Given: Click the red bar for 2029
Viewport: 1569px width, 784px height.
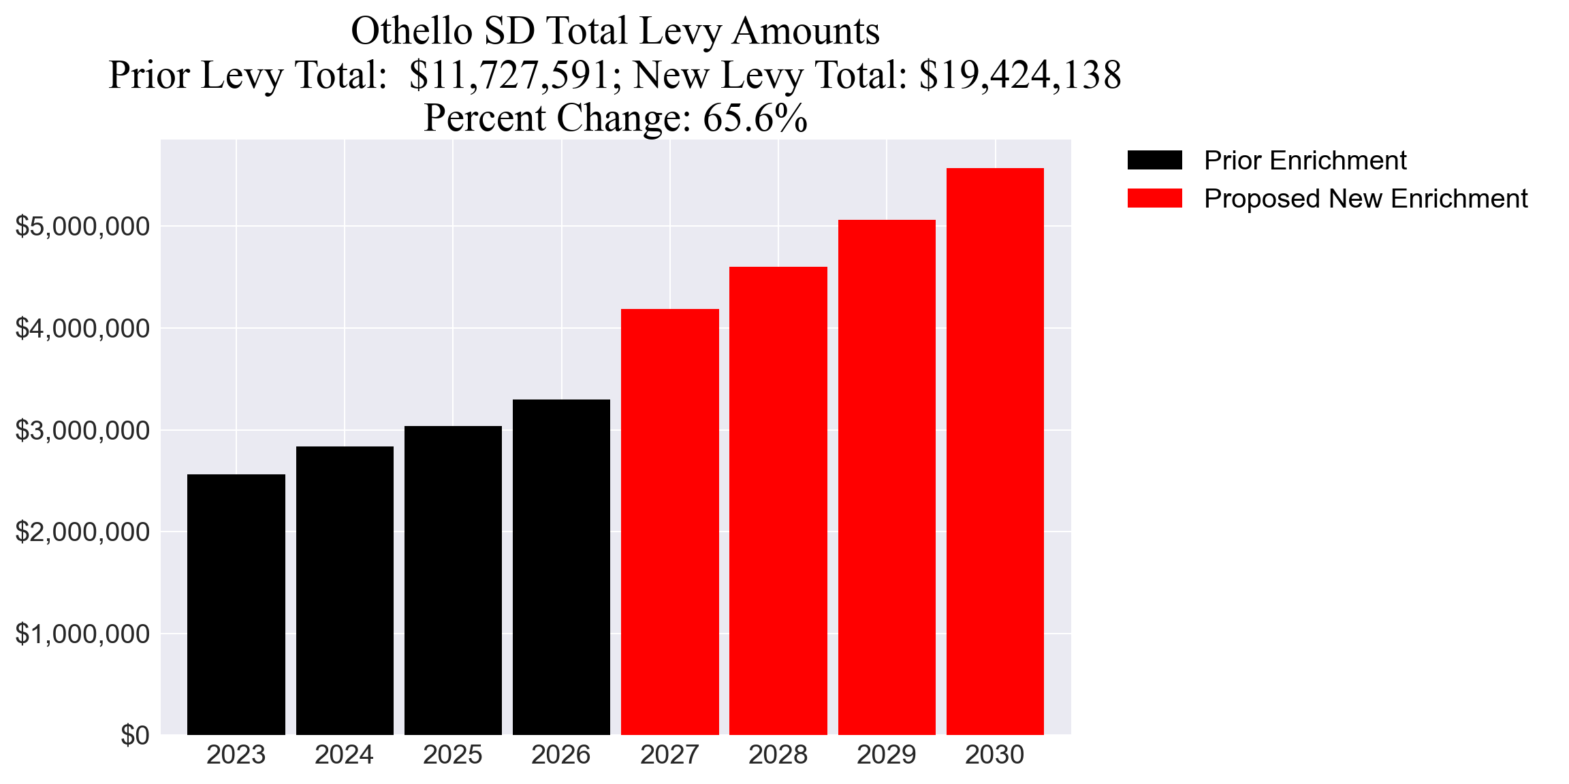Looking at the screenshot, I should (887, 477).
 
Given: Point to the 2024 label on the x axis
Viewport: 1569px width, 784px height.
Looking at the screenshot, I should (344, 755).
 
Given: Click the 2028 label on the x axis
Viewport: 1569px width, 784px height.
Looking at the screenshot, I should (778, 755).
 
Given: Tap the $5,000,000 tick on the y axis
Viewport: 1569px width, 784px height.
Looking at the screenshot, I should (82, 226).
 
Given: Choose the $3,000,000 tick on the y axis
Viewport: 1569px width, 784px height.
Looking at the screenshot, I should (82, 430).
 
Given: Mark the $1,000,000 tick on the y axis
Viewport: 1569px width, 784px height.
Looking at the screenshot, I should (82, 634).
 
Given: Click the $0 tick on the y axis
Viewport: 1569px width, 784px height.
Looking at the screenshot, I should (135, 735).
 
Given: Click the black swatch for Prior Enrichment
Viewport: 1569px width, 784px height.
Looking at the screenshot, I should (1154, 160).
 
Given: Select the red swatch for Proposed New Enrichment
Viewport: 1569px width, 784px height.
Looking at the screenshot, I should (1154, 198).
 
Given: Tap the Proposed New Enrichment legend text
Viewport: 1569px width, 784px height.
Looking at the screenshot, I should (1365, 198).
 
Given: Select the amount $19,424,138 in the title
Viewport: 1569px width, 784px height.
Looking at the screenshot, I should (1019, 75).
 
